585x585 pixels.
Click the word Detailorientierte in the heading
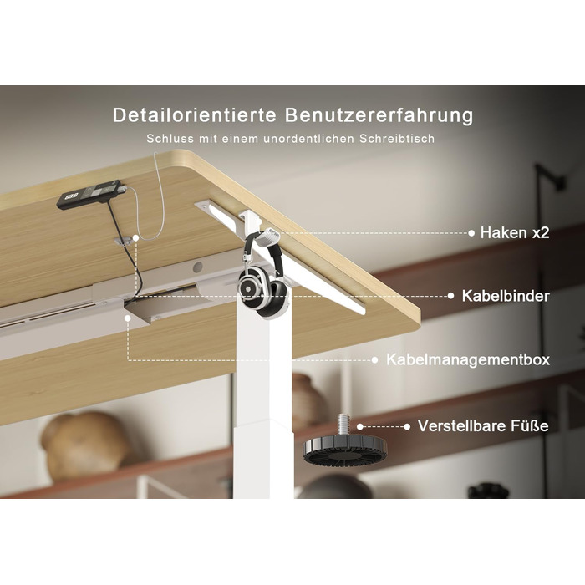tap(194, 115)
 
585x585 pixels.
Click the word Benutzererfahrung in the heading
tap(379, 115)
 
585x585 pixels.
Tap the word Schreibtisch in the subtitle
tap(397, 139)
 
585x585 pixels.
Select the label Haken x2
tap(515, 233)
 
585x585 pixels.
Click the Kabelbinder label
tap(506, 296)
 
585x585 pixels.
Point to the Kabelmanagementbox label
tap(468, 359)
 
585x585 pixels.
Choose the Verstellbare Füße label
tap(483, 425)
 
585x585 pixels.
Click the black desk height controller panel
tap(90, 194)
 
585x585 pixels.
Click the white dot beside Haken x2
tap(471, 233)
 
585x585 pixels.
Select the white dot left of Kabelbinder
tap(450, 296)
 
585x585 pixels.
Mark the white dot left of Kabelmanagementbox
tap(375, 360)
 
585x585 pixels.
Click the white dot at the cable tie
tap(135, 237)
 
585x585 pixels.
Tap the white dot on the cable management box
tap(128, 318)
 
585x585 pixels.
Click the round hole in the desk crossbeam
tap(198, 267)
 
